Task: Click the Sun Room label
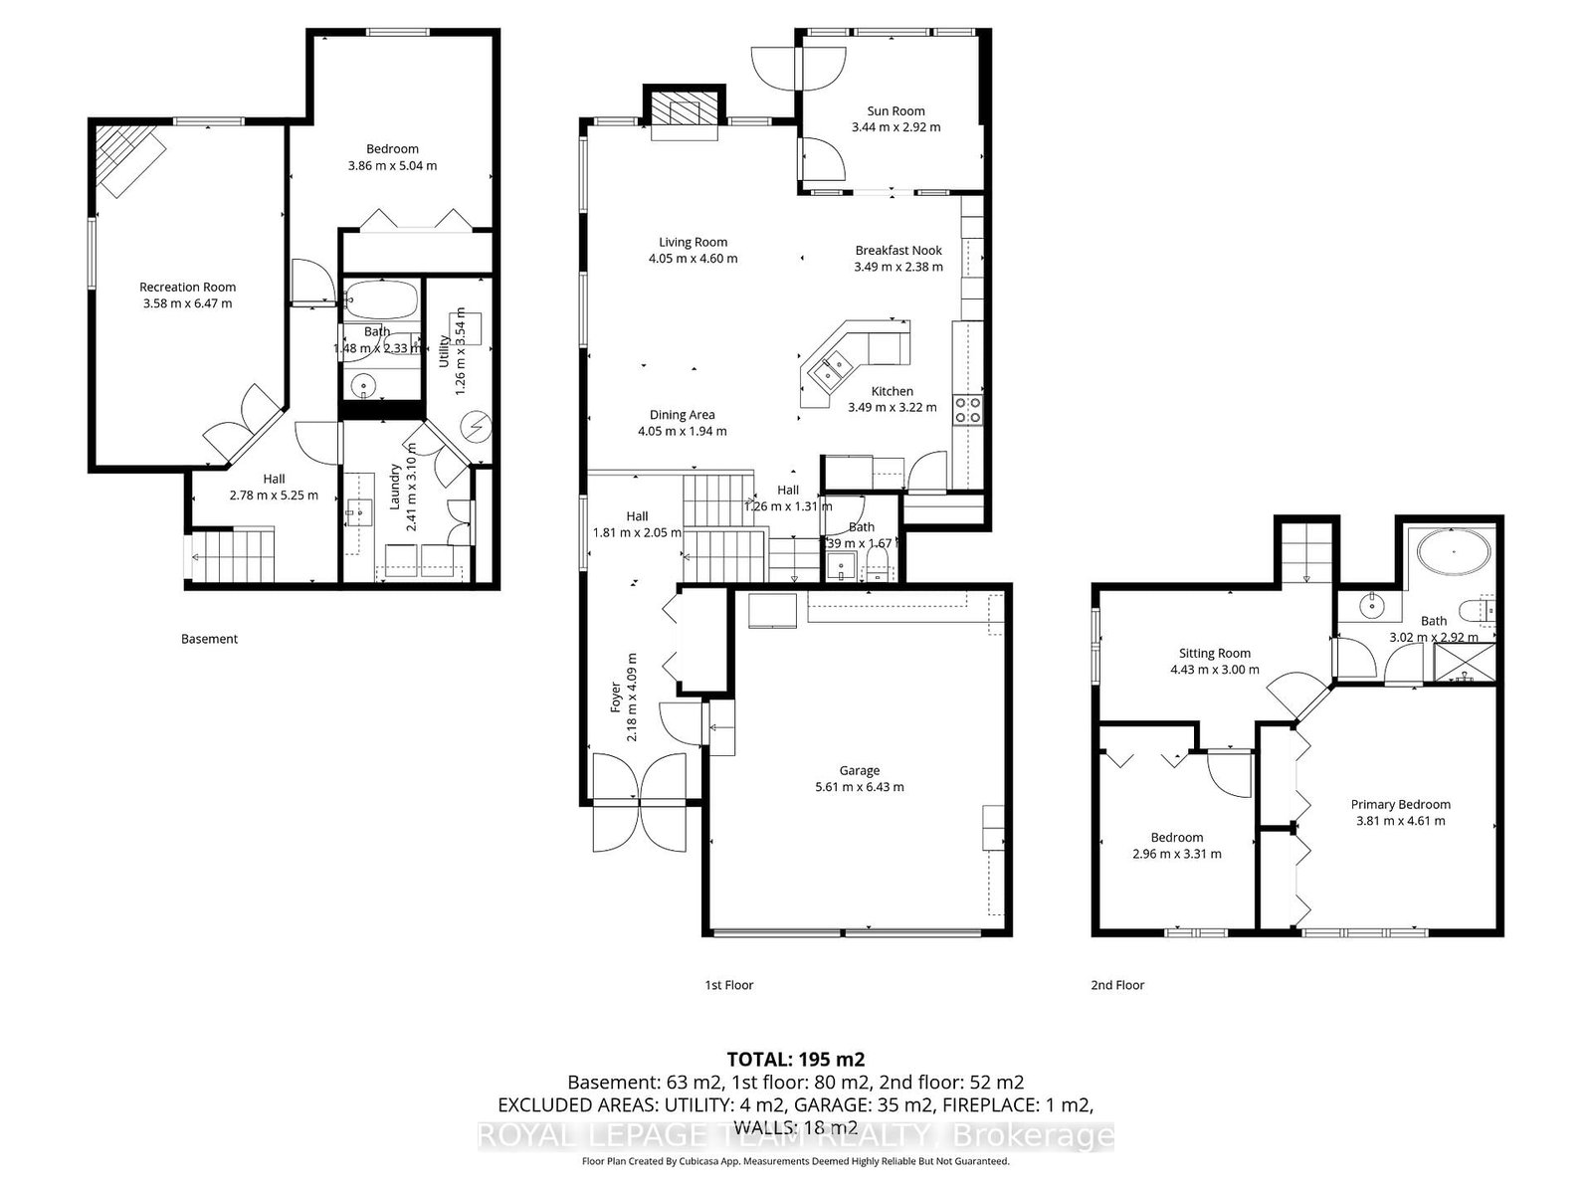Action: [x=895, y=111]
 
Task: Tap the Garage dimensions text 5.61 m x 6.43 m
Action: [x=859, y=787]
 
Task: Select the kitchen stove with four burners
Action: [x=967, y=409]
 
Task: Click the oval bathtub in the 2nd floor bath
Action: [x=1454, y=550]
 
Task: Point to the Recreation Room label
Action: [x=187, y=287]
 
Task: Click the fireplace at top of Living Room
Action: [x=684, y=111]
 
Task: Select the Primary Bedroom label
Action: [x=1400, y=804]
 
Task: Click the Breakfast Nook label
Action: [x=898, y=251]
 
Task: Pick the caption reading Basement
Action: [x=209, y=639]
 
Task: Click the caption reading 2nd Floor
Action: [x=1117, y=985]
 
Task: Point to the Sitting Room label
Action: [x=1214, y=654]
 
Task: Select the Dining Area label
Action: [x=682, y=415]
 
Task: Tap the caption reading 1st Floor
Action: [x=729, y=985]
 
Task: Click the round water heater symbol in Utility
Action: [x=477, y=429]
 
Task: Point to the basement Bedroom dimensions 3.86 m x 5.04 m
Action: [x=392, y=166]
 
